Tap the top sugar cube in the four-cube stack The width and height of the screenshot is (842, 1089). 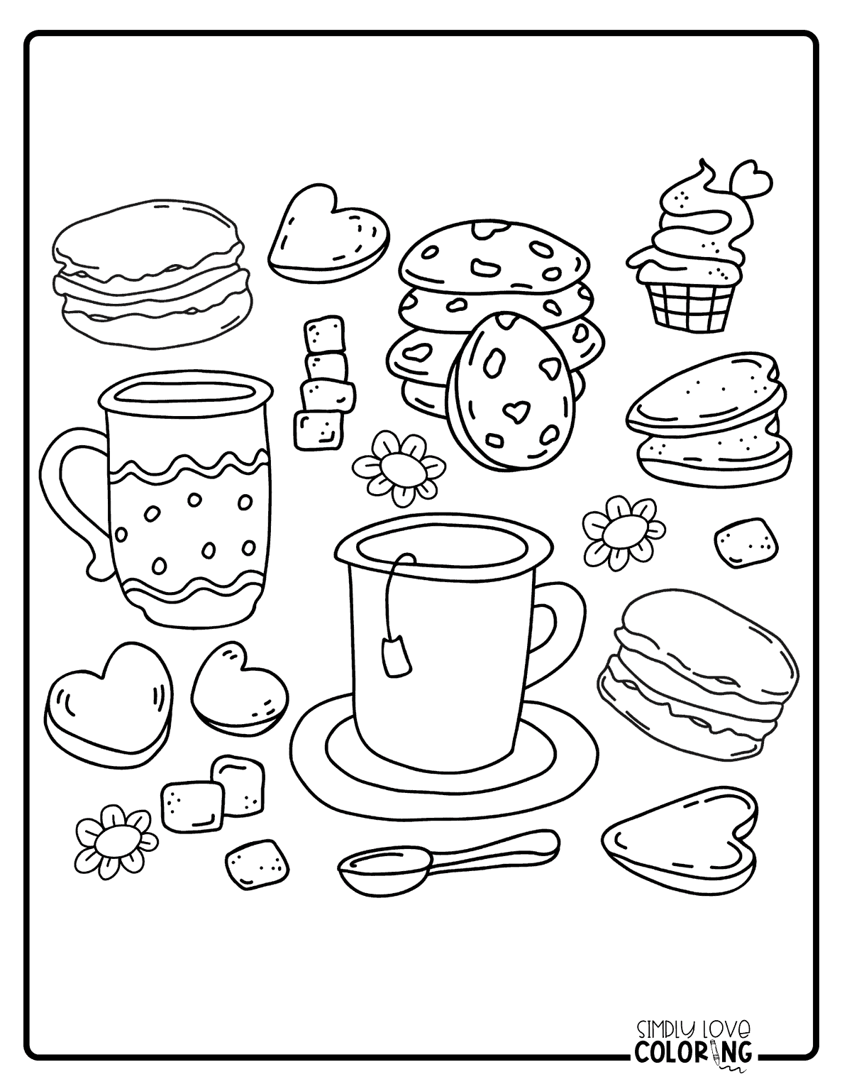pos(323,334)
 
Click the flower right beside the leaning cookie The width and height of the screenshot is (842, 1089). pos(397,466)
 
